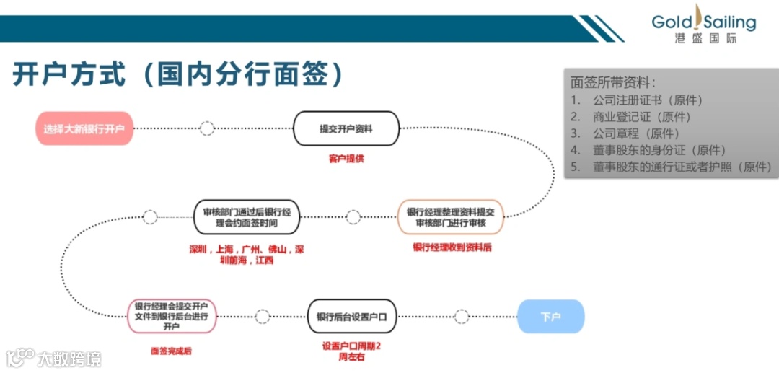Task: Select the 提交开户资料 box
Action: (x=346, y=128)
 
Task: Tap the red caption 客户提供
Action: (x=346, y=158)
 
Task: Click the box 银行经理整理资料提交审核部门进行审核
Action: (x=450, y=217)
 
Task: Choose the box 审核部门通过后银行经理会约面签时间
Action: (x=247, y=217)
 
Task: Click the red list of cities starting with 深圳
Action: (x=247, y=255)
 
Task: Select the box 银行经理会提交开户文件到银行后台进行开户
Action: (x=172, y=316)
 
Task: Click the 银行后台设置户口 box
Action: (x=352, y=317)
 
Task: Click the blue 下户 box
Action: (x=550, y=316)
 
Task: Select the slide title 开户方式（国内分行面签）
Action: (x=177, y=74)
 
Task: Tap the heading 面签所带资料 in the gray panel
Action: (x=613, y=82)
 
